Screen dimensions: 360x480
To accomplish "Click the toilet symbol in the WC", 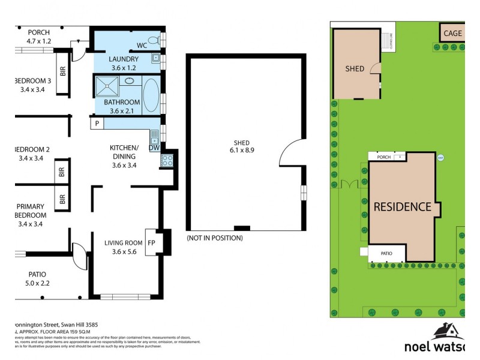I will point(154,40).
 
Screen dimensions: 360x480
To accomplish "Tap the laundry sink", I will point(155,59).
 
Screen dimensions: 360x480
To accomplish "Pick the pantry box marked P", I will point(97,124).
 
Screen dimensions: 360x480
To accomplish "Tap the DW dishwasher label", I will point(153,147).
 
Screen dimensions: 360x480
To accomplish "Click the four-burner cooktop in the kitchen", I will point(166,160).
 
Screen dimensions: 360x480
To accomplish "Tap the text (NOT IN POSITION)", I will point(215,238).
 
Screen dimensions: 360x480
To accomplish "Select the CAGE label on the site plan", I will point(452,33).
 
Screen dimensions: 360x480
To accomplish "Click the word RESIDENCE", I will point(403,207).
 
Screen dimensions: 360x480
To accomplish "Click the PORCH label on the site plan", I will point(383,157).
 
